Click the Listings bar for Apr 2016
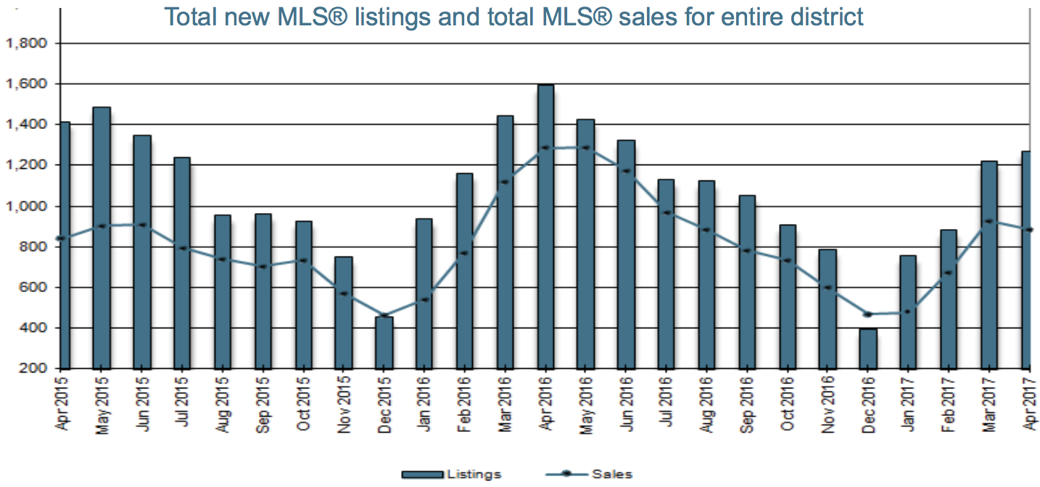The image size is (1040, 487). [x=546, y=227]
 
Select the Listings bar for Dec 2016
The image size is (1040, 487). [x=867, y=349]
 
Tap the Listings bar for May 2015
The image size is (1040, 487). [x=102, y=238]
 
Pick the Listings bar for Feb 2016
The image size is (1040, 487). [x=465, y=271]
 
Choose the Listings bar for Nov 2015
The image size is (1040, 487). [x=344, y=313]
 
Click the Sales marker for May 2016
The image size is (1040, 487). [x=586, y=148]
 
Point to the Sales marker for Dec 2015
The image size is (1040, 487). [x=384, y=316]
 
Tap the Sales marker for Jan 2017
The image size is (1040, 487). [x=909, y=312]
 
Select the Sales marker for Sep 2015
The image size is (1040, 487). [x=263, y=267]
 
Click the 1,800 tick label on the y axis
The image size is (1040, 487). [x=26, y=43]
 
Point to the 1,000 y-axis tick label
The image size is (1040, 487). [x=26, y=207]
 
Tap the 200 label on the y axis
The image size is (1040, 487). [x=33, y=369]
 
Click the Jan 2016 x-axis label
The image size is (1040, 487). [x=424, y=404]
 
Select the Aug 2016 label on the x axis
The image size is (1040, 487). [x=706, y=404]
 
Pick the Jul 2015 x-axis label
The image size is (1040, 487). [x=183, y=401]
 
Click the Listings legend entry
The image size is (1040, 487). [x=451, y=475]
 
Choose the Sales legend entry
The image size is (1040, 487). [x=589, y=474]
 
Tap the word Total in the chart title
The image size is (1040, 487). [x=191, y=17]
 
